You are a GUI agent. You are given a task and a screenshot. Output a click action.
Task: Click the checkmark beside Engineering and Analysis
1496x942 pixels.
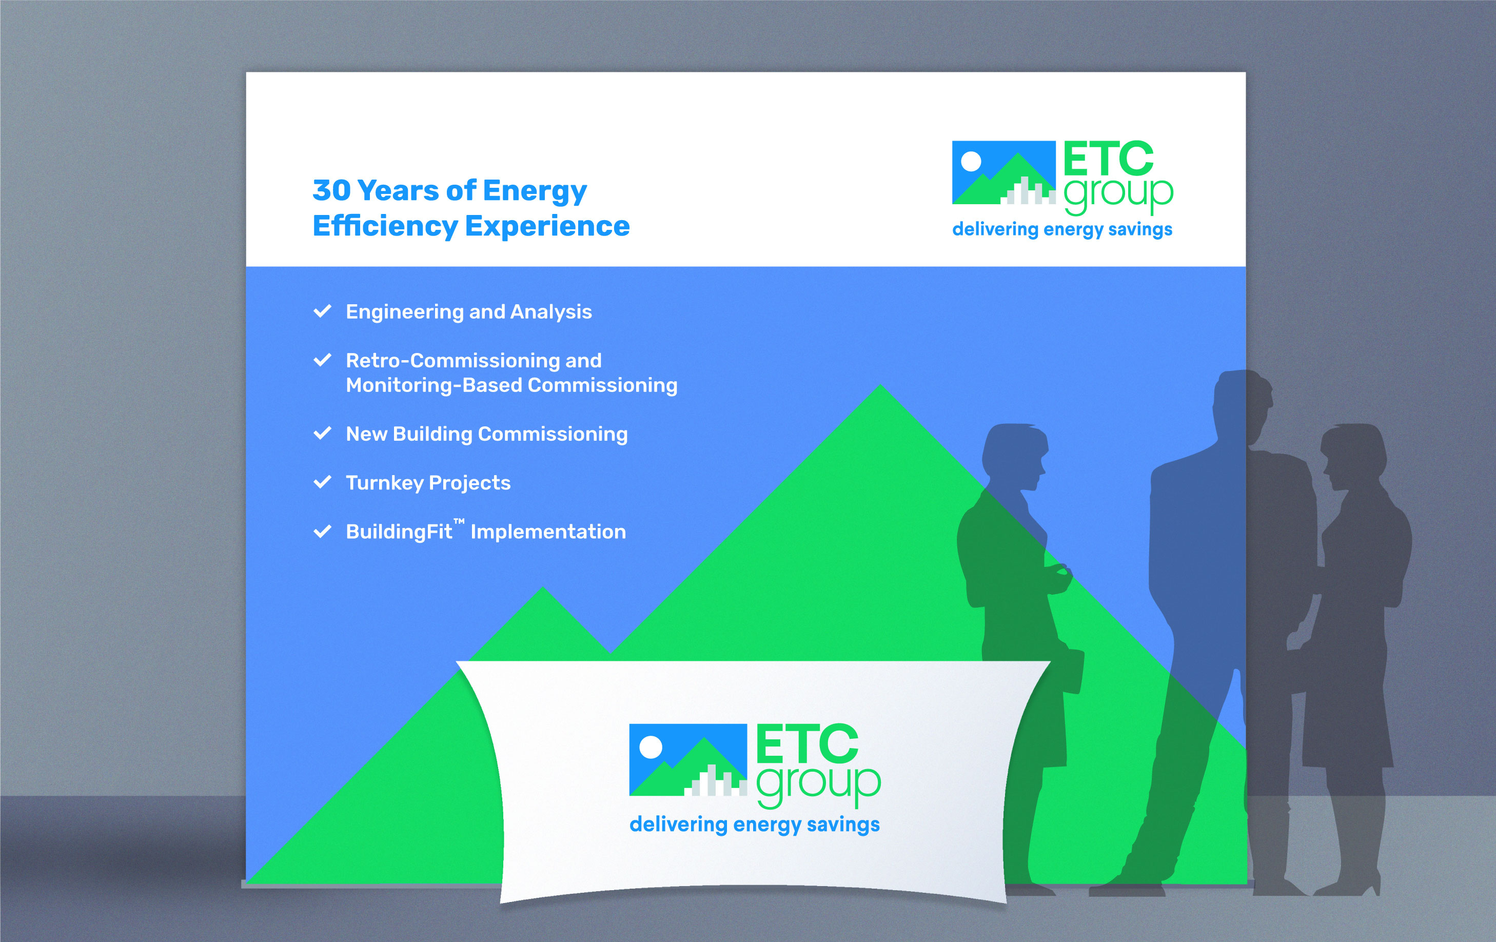tap(322, 311)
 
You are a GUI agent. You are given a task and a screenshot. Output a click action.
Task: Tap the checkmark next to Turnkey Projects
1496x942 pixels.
tap(322, 482)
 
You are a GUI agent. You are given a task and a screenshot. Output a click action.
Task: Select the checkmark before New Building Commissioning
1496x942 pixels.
tap(322, 433)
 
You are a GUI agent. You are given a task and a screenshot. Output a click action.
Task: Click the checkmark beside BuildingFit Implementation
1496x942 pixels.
tap(322, 531)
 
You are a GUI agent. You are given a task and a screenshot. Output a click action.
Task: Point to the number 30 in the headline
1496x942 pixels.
tap(332, 190)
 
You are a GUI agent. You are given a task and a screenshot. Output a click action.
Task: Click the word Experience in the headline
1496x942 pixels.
tap(547, 226)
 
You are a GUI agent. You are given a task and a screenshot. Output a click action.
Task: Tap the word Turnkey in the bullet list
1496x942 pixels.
tap(385, 483)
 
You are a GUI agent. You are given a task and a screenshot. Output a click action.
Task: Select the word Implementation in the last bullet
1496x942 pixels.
tap(548, 532)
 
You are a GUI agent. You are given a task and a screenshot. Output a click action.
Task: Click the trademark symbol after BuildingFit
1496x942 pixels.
tap(459, 521)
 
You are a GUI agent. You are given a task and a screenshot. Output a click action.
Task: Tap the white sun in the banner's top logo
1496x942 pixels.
tap(971, 162)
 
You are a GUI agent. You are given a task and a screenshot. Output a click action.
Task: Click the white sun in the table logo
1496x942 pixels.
tap(651, 747)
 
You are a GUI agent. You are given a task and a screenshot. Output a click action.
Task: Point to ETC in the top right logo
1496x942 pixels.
tap(1108, 159)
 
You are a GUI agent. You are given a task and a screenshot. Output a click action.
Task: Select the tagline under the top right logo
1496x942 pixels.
tap(1062, 230)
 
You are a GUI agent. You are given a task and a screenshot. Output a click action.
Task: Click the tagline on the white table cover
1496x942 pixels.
tap(755, 825)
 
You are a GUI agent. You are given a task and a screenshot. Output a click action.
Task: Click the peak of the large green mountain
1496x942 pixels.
tap(880, 386)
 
